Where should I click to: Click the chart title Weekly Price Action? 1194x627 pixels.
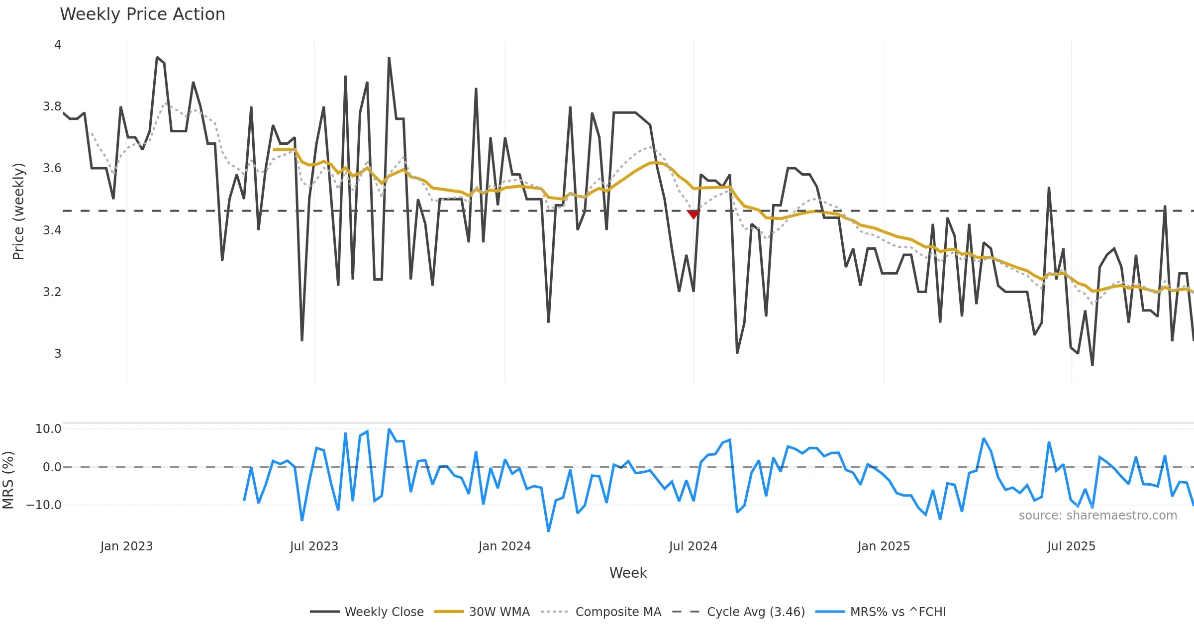[x=142, y=14]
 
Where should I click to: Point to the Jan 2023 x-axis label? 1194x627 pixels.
[x=126, y=546]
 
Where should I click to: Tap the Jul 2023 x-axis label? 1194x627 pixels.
[x=314, y=546]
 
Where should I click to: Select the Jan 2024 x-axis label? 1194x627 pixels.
[x=504, y=546]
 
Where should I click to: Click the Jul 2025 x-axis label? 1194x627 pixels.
[x=1071, y=546]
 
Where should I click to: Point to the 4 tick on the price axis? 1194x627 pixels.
[x=58, y=45]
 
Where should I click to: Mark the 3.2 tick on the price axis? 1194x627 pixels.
[x=52, y=292]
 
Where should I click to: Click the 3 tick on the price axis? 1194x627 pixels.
[x=58, y=354]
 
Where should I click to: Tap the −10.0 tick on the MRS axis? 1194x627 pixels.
[x=44, y=505]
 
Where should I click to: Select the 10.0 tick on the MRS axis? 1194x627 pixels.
[x=48, y=429]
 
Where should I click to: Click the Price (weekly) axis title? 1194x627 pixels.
[x=18, y=211]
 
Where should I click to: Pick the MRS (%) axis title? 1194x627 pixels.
[x=8, y=480]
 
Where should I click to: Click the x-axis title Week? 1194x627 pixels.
[x=628, y=573]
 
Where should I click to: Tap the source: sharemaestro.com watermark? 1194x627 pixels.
[x=1097, y=516]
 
